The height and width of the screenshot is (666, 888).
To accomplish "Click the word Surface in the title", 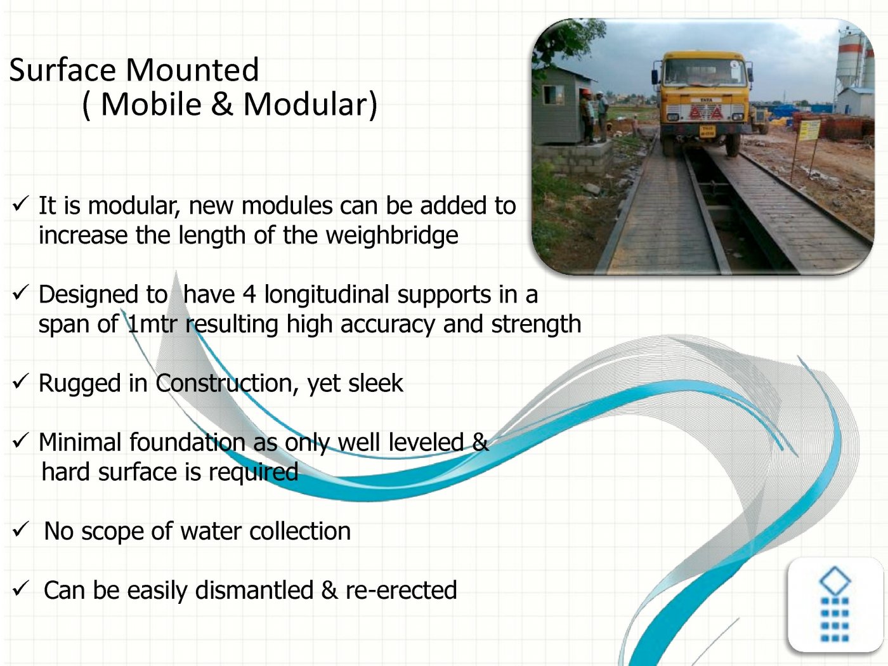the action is click(62, 70).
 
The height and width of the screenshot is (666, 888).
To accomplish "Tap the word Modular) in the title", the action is click(310, 104).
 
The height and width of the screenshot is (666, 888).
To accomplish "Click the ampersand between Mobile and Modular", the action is click(222, 104).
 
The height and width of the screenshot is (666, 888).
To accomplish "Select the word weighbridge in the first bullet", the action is click(392, 235).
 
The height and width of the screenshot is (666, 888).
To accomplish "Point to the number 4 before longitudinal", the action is click(249, 294).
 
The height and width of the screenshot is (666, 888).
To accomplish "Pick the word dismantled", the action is click(254, 590).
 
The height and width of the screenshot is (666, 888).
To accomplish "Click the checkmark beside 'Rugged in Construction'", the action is click(20, 381).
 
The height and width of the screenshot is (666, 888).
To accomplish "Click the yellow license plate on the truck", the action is click(707, 130).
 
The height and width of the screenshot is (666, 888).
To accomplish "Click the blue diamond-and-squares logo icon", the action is click(835, 604).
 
